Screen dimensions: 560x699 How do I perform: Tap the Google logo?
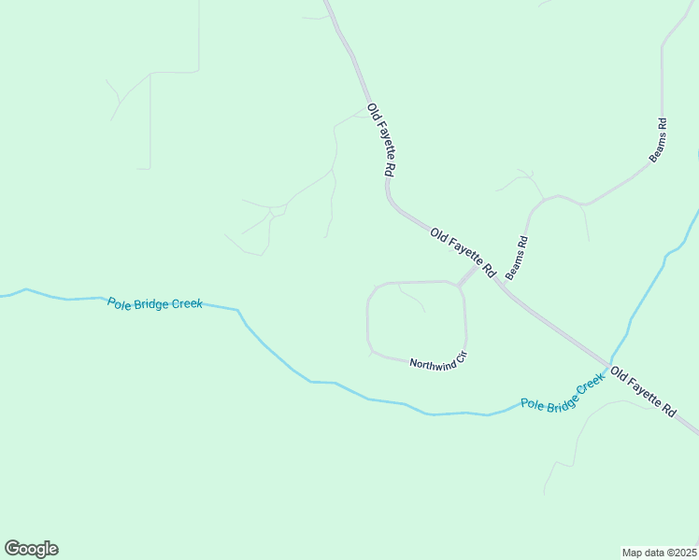click(x=31, y=549)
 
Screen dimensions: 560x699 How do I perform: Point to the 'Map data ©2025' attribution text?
click(x=660, y=552)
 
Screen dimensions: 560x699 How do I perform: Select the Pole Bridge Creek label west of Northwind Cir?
click(x=155, y=303)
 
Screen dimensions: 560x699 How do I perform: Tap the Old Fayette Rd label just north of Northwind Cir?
click(x=462, y=251)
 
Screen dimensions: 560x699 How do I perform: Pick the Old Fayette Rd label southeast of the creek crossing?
click(x=642, y=391)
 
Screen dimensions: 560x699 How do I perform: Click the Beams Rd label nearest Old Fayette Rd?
click(x=517, y=258)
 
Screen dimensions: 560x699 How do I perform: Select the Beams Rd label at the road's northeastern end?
click(x=658, y=140)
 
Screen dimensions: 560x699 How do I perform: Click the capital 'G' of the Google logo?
click(x=12, y=548)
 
